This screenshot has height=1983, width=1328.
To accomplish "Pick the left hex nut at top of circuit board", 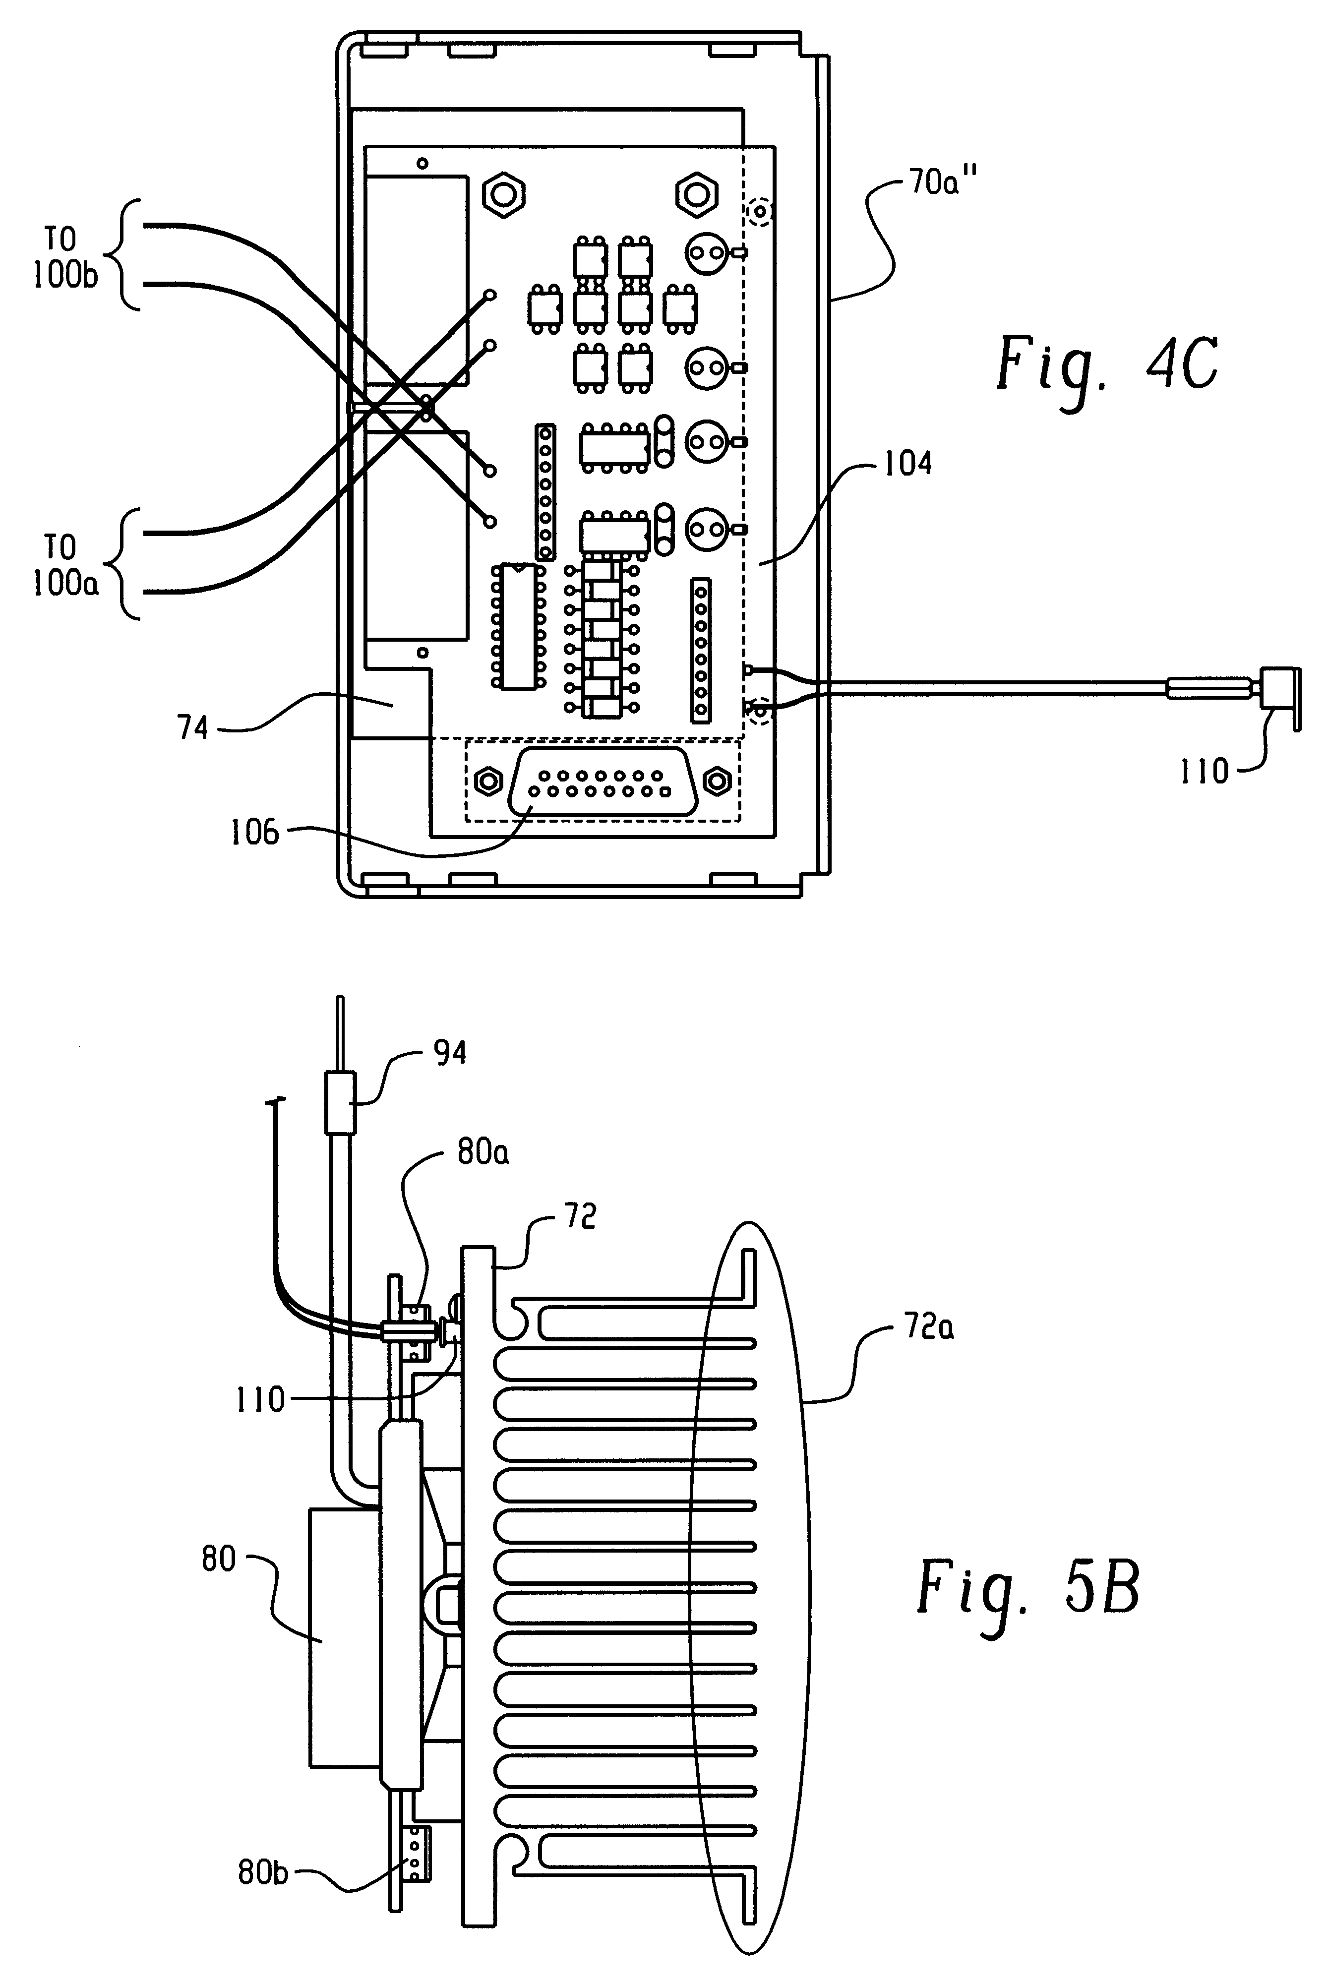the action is click(503, 195).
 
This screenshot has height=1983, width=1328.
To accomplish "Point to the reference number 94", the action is click(450, 1053).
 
